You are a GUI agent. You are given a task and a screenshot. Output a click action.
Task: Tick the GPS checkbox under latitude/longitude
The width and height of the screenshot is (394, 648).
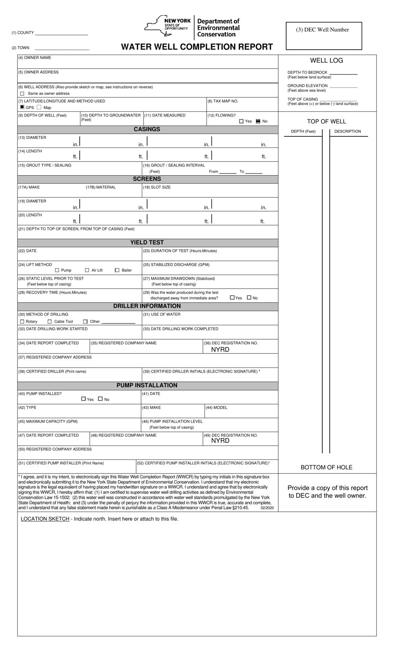pyautogui.click(x=22, y=107)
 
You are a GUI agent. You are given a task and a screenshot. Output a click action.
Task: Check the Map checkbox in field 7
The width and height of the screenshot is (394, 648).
pyautogui.click(x=39, y=107)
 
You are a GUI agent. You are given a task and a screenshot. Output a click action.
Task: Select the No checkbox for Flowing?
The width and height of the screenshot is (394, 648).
pyautogui.click(x=258, y=121)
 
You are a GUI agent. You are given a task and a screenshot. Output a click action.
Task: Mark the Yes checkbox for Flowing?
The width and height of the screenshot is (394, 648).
pyautogui.click(x=241, y=121)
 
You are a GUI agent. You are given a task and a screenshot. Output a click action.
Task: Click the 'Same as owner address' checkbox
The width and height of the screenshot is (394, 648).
pyautogui.click(x=22, y=94)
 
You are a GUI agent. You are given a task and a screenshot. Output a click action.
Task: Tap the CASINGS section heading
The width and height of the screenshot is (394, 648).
pyautogui.click(x=147, y=129)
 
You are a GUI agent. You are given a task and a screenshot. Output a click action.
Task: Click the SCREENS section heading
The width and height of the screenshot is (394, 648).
pyautogui.click(x=147, y=179)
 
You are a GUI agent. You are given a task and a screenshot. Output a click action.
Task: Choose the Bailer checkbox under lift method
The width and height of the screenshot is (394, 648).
pyautogui.click(x=117, y=270)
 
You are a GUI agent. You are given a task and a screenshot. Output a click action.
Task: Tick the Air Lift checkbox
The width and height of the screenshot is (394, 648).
pyautogui.click(x=87, y=270)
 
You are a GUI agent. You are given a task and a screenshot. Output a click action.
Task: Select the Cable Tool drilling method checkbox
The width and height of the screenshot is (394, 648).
pyautogui.click(x=50, y=322)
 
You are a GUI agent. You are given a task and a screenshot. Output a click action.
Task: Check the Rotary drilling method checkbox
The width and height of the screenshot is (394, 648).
pyautogui.click(x=22, y=322)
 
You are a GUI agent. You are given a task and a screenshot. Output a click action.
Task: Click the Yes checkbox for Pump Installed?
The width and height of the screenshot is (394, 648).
pyautogui.click(x=83, y=399)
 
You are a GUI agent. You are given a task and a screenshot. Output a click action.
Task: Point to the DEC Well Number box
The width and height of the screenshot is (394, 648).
pyautogui.click(x=323, y=36)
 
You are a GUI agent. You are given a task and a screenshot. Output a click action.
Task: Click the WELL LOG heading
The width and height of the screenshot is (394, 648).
pyautogui.click(x=326, y=60)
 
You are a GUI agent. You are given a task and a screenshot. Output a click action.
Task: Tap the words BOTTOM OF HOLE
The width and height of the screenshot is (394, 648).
pyautogui.click(x=326, y=467)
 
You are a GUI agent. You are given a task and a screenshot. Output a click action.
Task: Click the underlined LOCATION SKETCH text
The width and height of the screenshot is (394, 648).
pyautogui.click(x=45, y=519)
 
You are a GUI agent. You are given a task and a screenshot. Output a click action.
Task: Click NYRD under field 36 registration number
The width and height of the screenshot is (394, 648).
pyautogui.click(x=220, y=350)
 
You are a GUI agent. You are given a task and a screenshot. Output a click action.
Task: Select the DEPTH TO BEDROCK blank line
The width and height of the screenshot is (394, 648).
pyautogui.click(x=343, y=73)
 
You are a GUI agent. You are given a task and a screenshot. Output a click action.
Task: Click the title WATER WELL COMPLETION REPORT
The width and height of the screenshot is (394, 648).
pyautogui.click(x=197, y=47)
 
